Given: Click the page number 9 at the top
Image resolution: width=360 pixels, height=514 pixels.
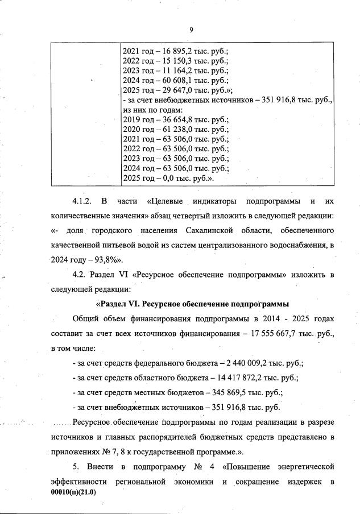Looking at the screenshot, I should pos(191,30).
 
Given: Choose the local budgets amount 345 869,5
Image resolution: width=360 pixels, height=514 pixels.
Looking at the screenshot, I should pos(234,392).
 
